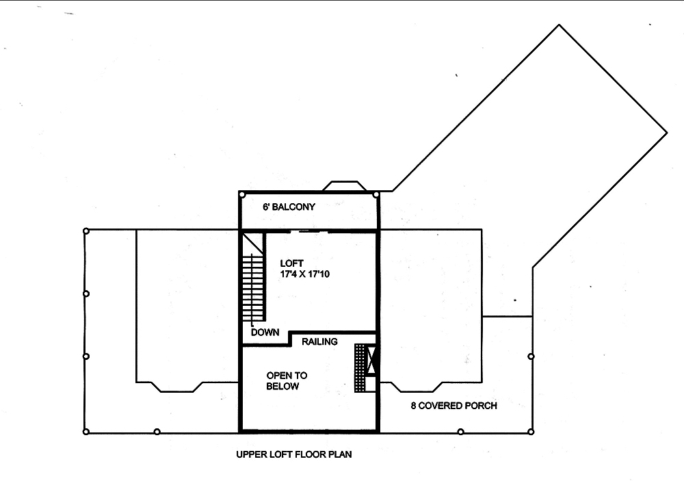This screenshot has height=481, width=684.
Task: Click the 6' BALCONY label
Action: tap(289, 207)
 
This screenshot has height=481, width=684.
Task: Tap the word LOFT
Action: tap(291, 263)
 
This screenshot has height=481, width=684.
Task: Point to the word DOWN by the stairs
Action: tap(265, 333)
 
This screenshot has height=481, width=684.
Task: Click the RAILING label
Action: tap(319, 341)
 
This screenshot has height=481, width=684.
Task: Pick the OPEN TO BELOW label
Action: tap(287, 381)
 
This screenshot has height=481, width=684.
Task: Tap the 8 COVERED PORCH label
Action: tap(453, 406)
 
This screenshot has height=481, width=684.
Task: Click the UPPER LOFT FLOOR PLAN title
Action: tap(294, 454)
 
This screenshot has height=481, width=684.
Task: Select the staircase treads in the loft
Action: tap(252, 287)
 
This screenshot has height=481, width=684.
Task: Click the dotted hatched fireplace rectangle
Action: tap(360, 367)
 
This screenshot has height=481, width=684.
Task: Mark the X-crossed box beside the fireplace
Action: tap(372, 361)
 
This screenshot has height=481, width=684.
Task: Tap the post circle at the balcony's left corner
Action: tap(242, 195)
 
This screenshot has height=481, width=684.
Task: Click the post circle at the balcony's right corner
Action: tap(376, 195)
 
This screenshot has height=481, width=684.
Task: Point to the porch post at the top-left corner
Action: tap(85, 231)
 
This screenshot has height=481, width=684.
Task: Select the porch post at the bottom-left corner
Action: tap(85, 431)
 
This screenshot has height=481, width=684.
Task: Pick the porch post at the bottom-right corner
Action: tap(531, 431)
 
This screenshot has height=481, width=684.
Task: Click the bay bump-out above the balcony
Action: tap(345, 185)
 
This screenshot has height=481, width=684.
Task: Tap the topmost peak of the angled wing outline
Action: tap(560, 25)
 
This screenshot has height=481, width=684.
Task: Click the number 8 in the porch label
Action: tap(414, 406)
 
